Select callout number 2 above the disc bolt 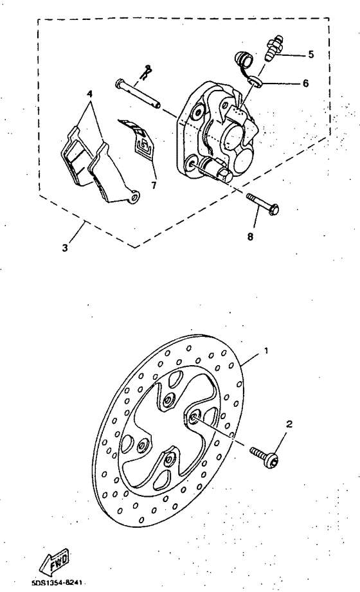pos(289,425)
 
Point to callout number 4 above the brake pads pos(90,93)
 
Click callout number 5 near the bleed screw pos(311,55)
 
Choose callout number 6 pos(305,84)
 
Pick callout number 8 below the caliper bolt pos(251,236)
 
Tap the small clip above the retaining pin pos(147,70)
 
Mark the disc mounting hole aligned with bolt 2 pos(194,419)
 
